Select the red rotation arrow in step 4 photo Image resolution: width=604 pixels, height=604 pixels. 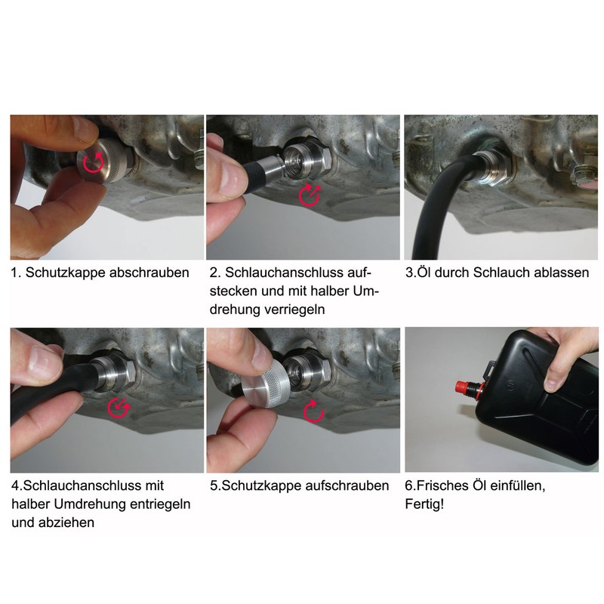pyautogui.click(x=119, y=405)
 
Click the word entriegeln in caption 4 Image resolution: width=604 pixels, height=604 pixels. pyautogui.click(x=153, y=504)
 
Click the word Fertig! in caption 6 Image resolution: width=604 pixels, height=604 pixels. pyautogui.click(x=425, y=504)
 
